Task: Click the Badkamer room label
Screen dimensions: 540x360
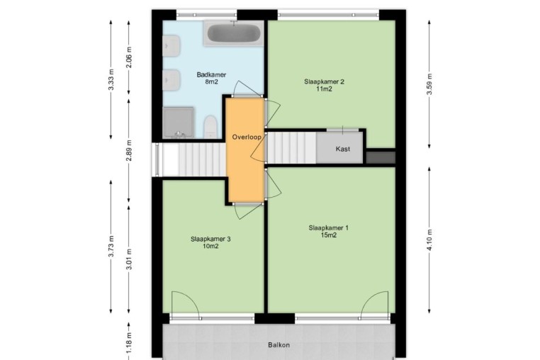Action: tap(211, 74)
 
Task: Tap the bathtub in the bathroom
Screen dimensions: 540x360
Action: tap(234, 33)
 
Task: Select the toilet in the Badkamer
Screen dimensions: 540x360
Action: tap(210, 127)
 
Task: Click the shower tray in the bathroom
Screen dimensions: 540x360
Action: tap(178, 123)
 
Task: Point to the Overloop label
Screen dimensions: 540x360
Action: tap(246, 137)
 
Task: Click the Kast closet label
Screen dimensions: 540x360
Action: tap(343, 149)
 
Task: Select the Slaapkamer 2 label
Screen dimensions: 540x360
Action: tap(324, 81)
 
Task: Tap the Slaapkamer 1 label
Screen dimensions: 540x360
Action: tap(329, 227)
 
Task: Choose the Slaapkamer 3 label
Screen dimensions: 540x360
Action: tap(210, 239)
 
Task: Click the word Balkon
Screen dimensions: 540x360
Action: tap(279, 344)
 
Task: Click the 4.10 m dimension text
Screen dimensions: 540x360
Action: tap(429, 240)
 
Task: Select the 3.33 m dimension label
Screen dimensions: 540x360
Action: tap(111, 79)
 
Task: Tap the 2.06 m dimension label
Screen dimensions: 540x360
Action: tap(129, 57)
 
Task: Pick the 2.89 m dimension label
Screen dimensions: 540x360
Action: tap(129, 150)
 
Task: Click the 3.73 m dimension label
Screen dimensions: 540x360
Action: tap(111, 247)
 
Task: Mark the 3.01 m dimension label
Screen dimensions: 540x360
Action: tap(129, 259)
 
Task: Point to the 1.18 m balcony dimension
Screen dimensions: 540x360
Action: tap(129, 342)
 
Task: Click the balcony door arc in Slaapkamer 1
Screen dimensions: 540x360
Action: tap(369, 298)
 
